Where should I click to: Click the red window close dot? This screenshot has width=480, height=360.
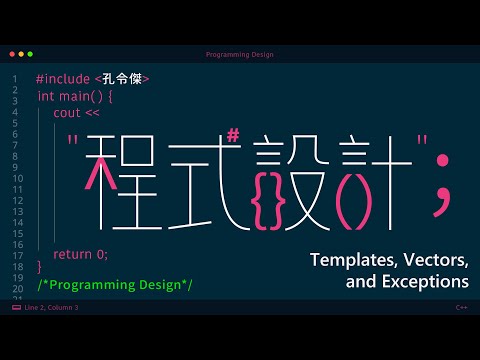pos(12,54)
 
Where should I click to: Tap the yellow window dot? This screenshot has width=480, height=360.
pos(21,54)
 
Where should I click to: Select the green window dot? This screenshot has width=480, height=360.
pos(30,54)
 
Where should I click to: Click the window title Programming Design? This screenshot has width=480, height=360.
pos(240,55)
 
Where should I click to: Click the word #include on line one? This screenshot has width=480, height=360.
pos(63,79)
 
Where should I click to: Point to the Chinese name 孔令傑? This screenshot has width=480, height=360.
pos(122,79)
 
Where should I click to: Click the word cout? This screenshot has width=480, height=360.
pos(67,113)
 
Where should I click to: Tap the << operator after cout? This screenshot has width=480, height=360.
pos(92,113)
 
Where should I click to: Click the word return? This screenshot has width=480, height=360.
pos(72,255)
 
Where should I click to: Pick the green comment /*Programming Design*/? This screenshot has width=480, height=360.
pos(115,285)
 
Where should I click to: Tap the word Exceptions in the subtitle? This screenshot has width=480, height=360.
pos(425,282)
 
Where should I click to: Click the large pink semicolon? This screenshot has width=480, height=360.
pos(442,185)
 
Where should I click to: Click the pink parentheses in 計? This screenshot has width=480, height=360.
pos(354,206)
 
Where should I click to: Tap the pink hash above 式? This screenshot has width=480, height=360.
pos(233,136)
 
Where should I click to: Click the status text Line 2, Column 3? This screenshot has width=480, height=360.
pos(51,307)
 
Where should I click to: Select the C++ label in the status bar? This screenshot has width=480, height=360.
pos(461,307)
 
